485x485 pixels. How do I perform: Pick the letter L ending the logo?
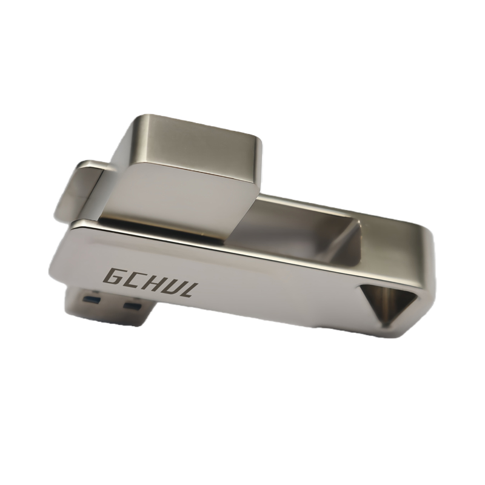pos(188,290)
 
